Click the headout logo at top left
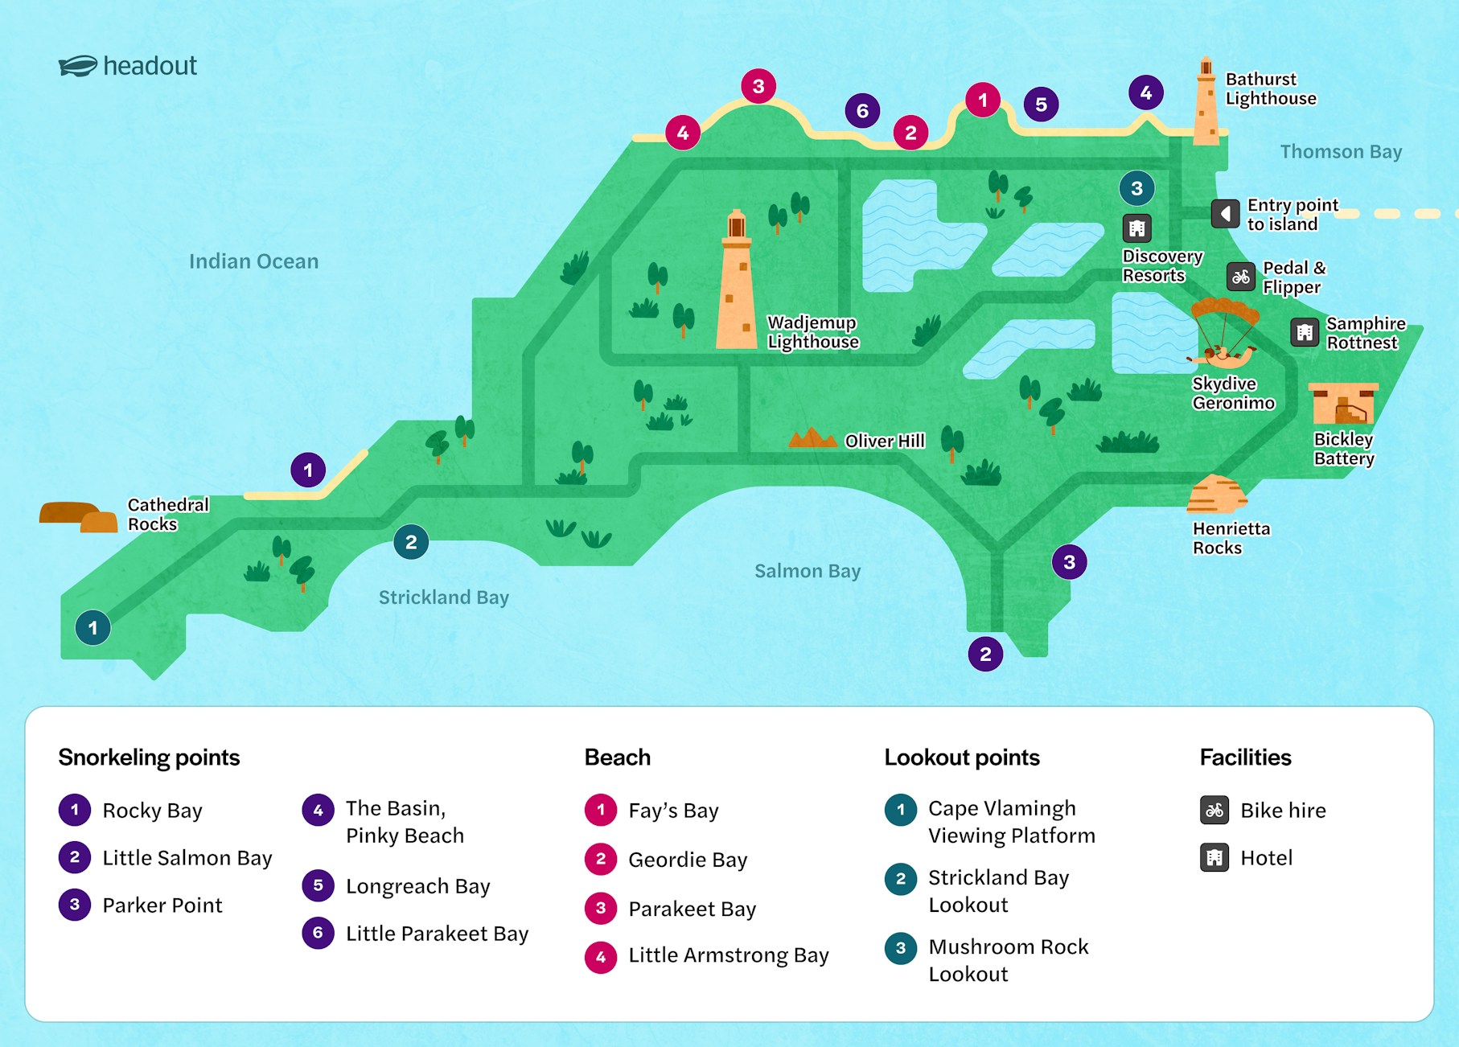point(127,66)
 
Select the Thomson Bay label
point(1340,152)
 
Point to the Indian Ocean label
point(253,261)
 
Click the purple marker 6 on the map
point(862,111)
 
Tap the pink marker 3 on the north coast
point(758,86)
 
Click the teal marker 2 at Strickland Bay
point(411,542)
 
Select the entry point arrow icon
point(1225,214)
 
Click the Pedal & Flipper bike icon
point(1240,277)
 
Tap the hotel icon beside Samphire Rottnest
point(1304,331)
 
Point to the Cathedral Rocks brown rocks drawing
point(78,517)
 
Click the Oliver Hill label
point(884,441)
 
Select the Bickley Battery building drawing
point(1343,404)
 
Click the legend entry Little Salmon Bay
point(187,858)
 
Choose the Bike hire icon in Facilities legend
point(1214,810)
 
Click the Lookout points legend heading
point(961,758)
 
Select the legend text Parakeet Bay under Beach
point(692,909)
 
